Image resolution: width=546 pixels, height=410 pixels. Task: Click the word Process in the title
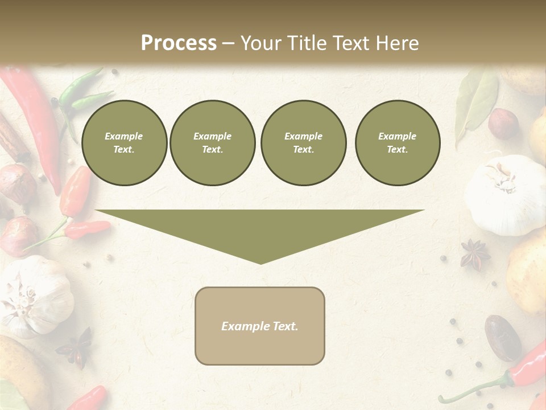[x=179, y=43]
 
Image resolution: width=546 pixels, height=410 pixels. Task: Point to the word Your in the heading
[x=260, y=43]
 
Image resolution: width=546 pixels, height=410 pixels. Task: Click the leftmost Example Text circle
[x=124, y=143]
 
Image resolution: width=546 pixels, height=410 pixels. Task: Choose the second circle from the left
[x=212, y=143]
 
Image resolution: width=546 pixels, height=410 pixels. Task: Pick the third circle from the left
[x=303, y=143]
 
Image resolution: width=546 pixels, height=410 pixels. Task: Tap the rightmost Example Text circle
[x=397, y=143]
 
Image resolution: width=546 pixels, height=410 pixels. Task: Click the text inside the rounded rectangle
[x=260, y=326]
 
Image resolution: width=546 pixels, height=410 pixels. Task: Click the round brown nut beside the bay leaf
[x=504, y=124]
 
